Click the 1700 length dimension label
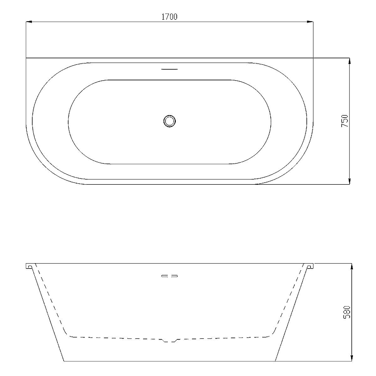pyautogui.click(x=170, y=17)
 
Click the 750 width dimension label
pyautogui.click(x=345, y=121)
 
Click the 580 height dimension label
pyautogui.click(x=347, y=312)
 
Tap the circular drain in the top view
pyautogui.click(x=170, y=121)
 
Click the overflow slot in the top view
pyautogui.click(x=170, y=69)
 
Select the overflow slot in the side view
pyautogui.click(x=170, y=276)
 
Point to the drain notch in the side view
pyautogui.click(x=170, y=340)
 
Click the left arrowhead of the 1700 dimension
pyautogui.click(x=29, y=22)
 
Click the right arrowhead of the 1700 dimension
pyautogui.click(x=310, y=22)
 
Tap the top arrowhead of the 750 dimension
pyautogui.click(x=349, y=61)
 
